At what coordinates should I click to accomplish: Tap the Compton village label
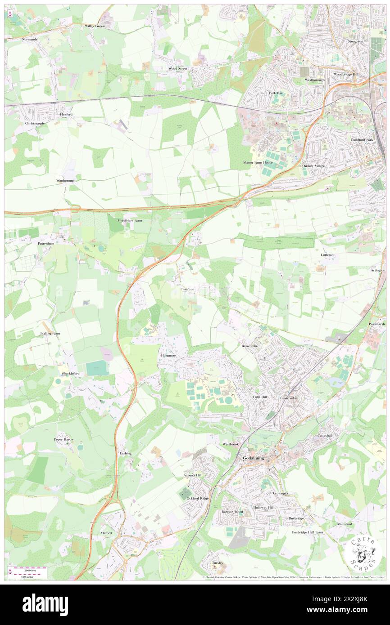click(x=187, y=289)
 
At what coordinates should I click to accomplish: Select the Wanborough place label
click(x=66, y=180)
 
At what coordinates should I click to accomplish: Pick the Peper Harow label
click(x=63, y=439)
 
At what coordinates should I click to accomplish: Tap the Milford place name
click(x=106, y=533)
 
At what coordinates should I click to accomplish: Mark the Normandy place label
click(x=30, y=40)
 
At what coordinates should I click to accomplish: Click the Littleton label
click(x=327, y=255)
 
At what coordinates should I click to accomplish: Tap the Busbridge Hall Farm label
click(x=308, y=532)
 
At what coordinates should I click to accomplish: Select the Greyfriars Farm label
click(x=130, y=221)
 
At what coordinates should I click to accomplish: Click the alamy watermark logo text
click(x=45, y=604)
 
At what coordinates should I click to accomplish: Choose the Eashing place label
click(x=125, y=453)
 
